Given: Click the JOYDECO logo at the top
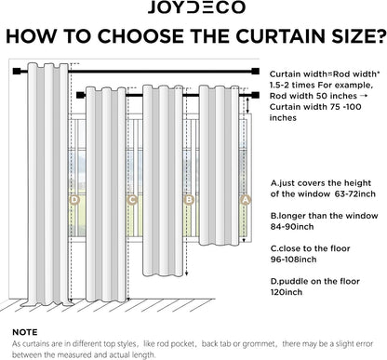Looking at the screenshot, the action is coord(196,7).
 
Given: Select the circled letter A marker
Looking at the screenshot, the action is coord(246,200).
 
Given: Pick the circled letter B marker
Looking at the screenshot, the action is coord(189,200).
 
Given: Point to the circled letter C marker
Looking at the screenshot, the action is coord(132,200).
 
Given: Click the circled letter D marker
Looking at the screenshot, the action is coord(74,200).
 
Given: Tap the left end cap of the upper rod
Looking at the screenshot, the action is coord(17,72).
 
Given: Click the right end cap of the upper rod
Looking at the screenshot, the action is coord(256,72).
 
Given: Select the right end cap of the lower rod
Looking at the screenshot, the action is coord(256,95).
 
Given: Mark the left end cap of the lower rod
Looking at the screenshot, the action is coord(81,95).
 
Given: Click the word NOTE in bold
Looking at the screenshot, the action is coord(25,332).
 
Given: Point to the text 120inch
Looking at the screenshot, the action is coord(287,292).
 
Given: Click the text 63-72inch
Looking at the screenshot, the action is coord(355,194).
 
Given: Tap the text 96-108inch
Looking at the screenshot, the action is coord(293,260).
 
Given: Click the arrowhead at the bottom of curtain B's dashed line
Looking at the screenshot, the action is coord(187,273).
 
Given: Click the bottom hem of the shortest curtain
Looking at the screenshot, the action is coord(219,244).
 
